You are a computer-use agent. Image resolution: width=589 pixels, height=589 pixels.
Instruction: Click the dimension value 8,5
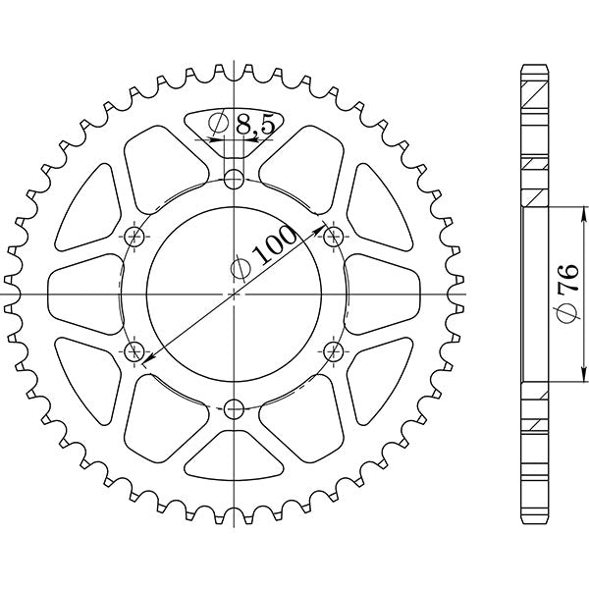(255, 126)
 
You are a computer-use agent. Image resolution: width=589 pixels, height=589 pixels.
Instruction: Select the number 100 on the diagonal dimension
(276, 248)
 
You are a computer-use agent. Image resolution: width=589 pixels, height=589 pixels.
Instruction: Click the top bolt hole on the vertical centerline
(234, 179)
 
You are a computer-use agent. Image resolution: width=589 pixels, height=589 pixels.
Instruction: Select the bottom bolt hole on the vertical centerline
(234, 409)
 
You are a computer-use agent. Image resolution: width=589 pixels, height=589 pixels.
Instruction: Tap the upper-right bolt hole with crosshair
(333, 236)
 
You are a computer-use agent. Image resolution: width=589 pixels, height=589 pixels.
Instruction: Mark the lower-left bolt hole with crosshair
(134, 350)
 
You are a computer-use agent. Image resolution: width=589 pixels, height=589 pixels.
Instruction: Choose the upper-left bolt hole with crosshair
(134, 236)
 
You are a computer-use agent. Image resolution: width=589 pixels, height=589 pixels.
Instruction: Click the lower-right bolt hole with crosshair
(333, 350)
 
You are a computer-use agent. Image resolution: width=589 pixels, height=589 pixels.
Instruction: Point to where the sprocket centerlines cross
(234, 294)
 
